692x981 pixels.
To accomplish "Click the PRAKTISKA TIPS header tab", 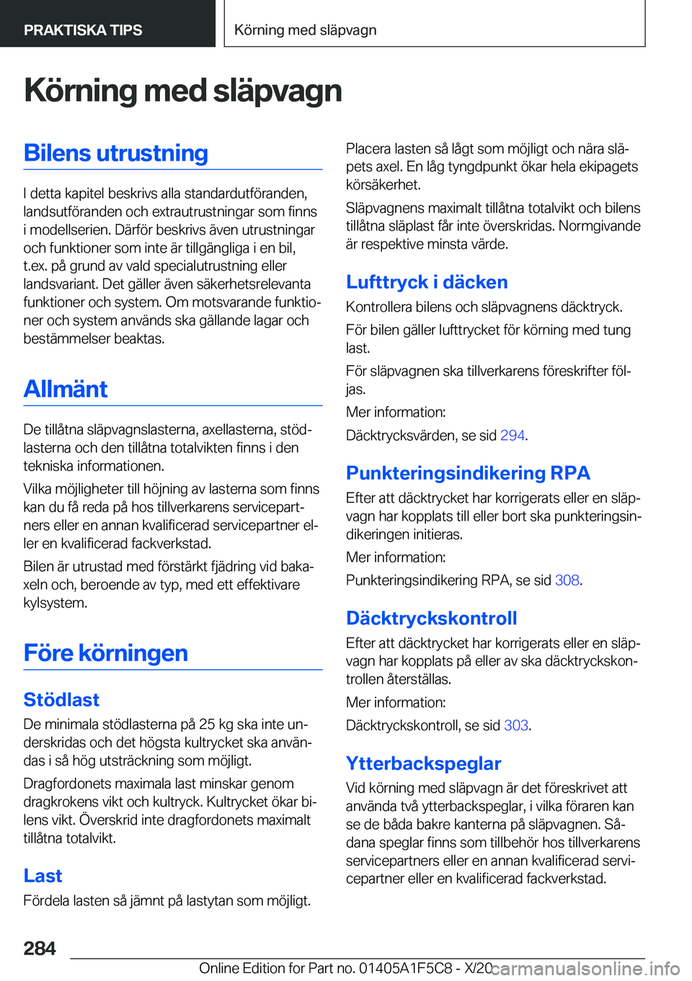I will tap(83, 30).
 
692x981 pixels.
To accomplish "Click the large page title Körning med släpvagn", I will tap(182, 91).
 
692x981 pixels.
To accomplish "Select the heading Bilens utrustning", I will tap(115, 153).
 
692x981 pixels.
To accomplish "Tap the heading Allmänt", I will tap(66, 389).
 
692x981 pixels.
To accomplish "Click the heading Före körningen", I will tap(105, 653).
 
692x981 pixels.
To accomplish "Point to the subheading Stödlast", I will tap(61, 699).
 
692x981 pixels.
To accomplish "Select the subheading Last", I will tap(43, 875).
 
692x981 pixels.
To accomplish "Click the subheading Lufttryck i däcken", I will tap(427, 282).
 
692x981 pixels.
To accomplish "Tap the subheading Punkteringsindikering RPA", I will tap(468, 472).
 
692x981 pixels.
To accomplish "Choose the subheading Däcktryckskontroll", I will tap(431, 618).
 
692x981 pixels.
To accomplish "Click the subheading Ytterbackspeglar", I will tap(423, 763).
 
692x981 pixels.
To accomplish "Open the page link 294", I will tap(513, 435).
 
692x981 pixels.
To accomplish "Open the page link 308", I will tap(567, 580).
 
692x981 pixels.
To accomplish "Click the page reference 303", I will tap(516, 725).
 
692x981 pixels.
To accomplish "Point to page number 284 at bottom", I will tap(40, 948).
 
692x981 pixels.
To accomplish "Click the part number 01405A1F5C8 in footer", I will tap(406, 968).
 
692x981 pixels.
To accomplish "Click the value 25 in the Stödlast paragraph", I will tap(207, 724).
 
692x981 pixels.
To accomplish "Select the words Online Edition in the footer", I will tap(241, 968).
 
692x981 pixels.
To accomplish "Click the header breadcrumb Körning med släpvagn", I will tap(306, 30).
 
